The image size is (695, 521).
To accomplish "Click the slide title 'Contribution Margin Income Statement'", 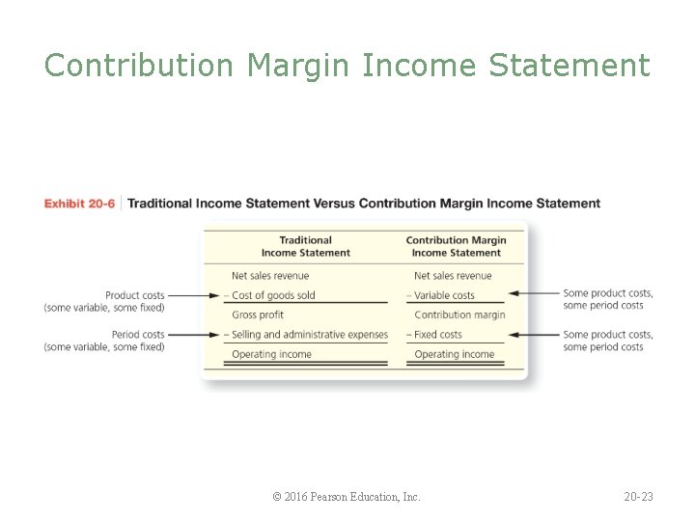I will coord(347,66).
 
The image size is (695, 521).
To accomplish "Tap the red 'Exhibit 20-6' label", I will coord(79,204).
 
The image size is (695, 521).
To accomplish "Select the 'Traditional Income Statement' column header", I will coord(305,246).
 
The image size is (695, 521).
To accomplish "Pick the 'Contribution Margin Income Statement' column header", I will coord(456,246).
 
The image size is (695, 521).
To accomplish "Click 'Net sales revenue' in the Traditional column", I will coord(270,276).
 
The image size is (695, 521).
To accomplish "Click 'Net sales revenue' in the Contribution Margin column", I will coord(453,276).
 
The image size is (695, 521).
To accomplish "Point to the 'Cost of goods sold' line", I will coord(273,295).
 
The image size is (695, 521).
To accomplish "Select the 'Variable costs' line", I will coord(444,295).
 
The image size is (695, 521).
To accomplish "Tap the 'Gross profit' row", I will coord(258,315).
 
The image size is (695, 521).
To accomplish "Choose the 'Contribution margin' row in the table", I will coord(459,315).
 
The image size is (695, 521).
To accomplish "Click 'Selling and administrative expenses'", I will coord(309,335).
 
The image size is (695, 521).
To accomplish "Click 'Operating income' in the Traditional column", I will coord(271,354).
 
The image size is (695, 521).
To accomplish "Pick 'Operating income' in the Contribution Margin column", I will coord(454,354).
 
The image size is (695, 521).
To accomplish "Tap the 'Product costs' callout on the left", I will coord(104,301).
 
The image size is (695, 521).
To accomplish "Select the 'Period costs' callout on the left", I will coord(104,341).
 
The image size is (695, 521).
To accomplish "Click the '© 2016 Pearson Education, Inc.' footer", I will coord(347,497).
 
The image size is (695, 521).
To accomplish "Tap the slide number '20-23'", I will coord(638,497).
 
